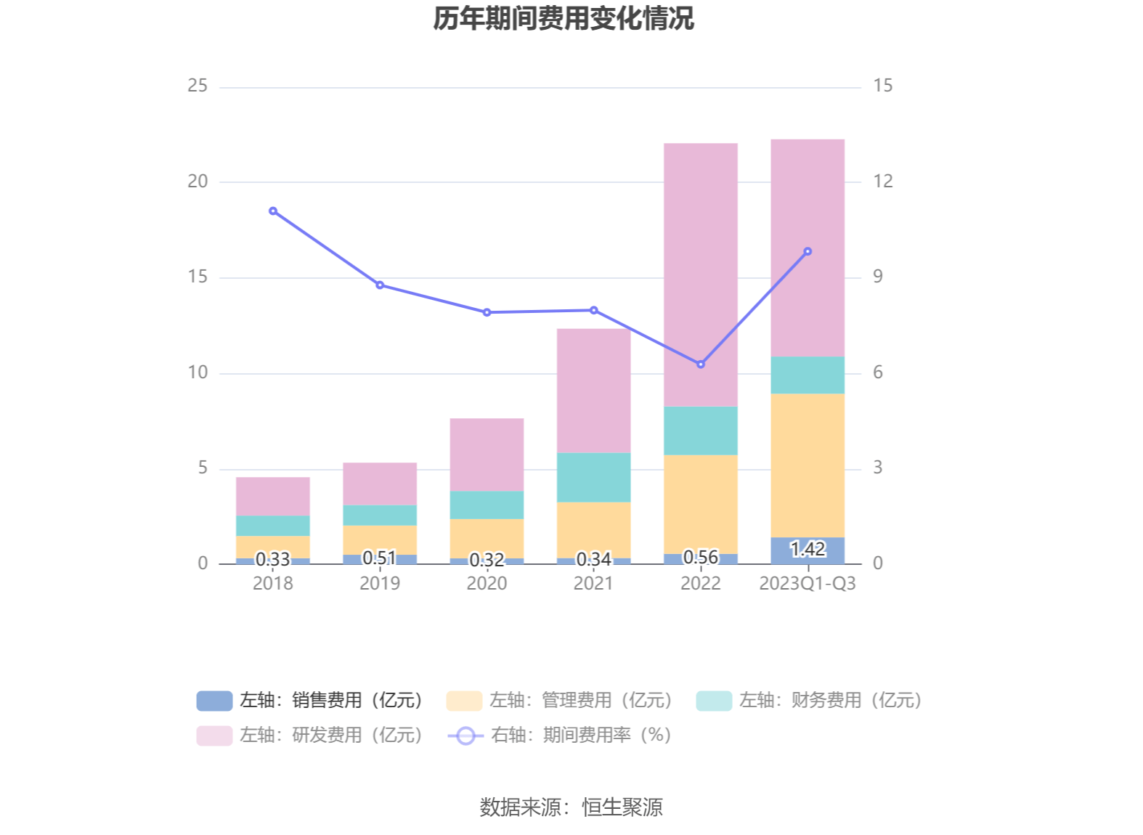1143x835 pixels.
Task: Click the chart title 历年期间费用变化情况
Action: pyautogui.click(x=564, y=19)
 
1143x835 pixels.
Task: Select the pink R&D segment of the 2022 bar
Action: pyautogui.click(x=700, y=274)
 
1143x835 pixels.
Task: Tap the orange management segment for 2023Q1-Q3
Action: pyautogui.click(x=807, y=465)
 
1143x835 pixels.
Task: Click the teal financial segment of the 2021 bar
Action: pyautogui.click(x=593, y=477)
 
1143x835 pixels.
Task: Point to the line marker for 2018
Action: pyautogui.click(x=273, y=211)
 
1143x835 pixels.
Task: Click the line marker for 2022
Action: pyautogui.click(x=700, y=364)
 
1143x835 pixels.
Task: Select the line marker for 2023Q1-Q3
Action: pyautogui.click(x=807, y=252)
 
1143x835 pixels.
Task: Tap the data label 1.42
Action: pyautogui.click(x=807, y=549)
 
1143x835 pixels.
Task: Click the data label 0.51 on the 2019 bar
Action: pyautogui.click(x=379, y=558)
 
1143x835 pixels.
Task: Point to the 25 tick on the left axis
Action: pyautogui.click(x=198, y=86)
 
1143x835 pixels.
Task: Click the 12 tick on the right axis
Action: pyautogui.click(x=882, y=182)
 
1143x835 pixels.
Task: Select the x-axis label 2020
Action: pyautogui.click(x=487, y=584)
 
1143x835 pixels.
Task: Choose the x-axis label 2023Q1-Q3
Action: pyautogui.click(x=807, y=584)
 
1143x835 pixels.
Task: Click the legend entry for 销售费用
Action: pyautogui.click(x=311, y=701)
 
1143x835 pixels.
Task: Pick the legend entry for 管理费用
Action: pyautogui.click(x=560, y=701)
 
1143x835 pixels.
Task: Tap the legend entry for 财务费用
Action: pyautogui.click(x=809, y=701)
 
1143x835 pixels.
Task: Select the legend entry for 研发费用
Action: pyautogui.click(x=311, y=736)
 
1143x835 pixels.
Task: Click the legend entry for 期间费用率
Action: pyautogui.click(x=560, y=736)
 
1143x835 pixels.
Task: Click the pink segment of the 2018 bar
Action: pyautogui.click(x=273, y=496)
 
